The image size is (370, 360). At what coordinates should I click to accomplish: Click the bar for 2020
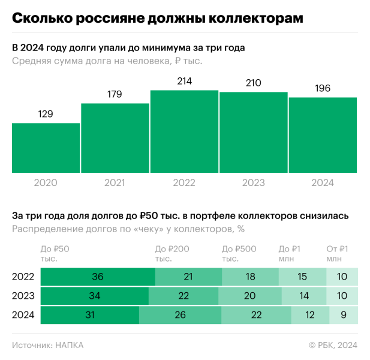46,148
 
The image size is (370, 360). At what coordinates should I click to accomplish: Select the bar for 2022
184,131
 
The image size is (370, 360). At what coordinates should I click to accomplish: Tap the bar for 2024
323,135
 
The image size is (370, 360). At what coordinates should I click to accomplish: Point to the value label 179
115,94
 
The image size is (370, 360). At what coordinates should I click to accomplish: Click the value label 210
254,83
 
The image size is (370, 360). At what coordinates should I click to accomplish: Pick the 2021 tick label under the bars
115,182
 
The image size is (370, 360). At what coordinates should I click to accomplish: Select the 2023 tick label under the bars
254,182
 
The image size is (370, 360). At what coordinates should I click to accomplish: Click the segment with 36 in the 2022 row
98,277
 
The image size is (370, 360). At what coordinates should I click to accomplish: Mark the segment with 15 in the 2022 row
302,277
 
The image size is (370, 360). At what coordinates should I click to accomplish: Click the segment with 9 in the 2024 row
343,315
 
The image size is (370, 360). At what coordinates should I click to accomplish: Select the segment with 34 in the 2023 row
94,296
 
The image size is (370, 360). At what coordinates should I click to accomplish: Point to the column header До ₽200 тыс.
172,254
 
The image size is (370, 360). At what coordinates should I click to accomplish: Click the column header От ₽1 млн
337,254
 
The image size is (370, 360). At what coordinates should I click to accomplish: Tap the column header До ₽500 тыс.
239,254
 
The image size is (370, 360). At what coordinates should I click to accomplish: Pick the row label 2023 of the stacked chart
23,296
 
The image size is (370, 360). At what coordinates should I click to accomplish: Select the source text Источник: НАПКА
47,345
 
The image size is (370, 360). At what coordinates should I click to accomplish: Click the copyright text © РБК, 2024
333,345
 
